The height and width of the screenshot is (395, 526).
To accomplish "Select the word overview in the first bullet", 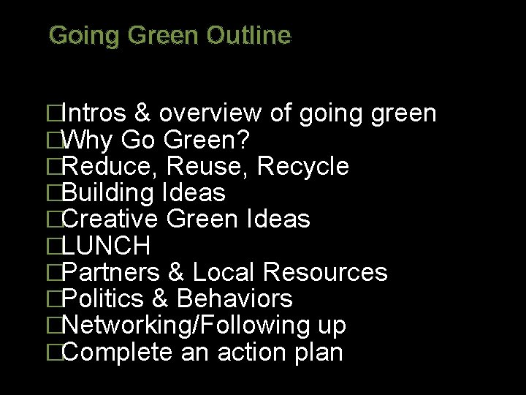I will [209, 113].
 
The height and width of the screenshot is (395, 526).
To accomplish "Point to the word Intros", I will [95, 113].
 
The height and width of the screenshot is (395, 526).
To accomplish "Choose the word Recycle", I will [303, 166].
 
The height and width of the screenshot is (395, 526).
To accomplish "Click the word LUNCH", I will [107, 245].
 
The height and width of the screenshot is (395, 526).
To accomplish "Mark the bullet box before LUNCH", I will [53, 246].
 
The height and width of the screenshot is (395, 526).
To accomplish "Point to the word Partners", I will [112, 272].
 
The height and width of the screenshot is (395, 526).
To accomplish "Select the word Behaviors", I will [235, 298].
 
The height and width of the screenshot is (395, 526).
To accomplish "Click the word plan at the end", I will [319, 353].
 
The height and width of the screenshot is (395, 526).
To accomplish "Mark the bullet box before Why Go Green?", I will [53, 140].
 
